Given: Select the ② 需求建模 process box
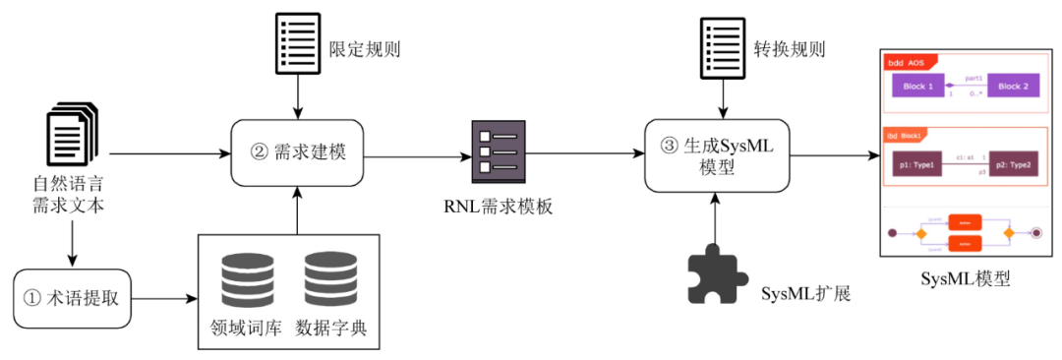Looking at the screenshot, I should click(x=297, y=153).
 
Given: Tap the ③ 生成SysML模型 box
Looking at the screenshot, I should click(x=718, y=155).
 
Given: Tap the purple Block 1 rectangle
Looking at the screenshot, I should click(x=912, y=87).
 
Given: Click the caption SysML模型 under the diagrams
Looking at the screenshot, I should click(x=965, y=279).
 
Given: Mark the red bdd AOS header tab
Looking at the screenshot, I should click(x=910, y=61).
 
